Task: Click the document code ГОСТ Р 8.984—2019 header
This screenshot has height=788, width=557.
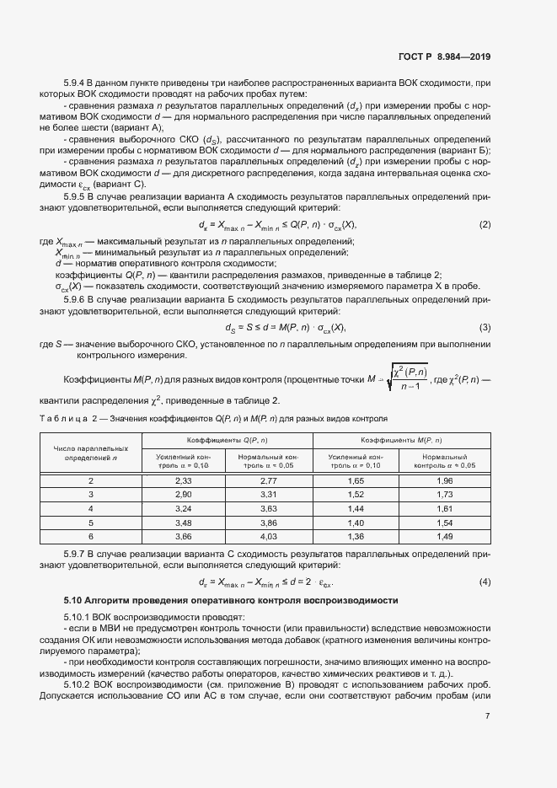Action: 443,57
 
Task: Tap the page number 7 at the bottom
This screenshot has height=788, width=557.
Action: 487,716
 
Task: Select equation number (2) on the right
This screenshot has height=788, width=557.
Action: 485,224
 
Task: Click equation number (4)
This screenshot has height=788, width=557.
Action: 485,582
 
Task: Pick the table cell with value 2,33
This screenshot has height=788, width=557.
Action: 184,480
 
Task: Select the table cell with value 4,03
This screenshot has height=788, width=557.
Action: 269,535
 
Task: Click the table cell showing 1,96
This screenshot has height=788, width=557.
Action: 445,480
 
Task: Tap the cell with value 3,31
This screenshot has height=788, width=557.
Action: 269,494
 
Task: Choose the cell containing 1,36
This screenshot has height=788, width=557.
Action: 356,535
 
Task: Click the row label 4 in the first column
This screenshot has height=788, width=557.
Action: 91,508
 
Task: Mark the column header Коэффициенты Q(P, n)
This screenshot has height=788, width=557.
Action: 227,441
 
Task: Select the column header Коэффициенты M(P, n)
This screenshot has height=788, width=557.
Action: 400,441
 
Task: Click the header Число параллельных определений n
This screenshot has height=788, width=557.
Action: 91,453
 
